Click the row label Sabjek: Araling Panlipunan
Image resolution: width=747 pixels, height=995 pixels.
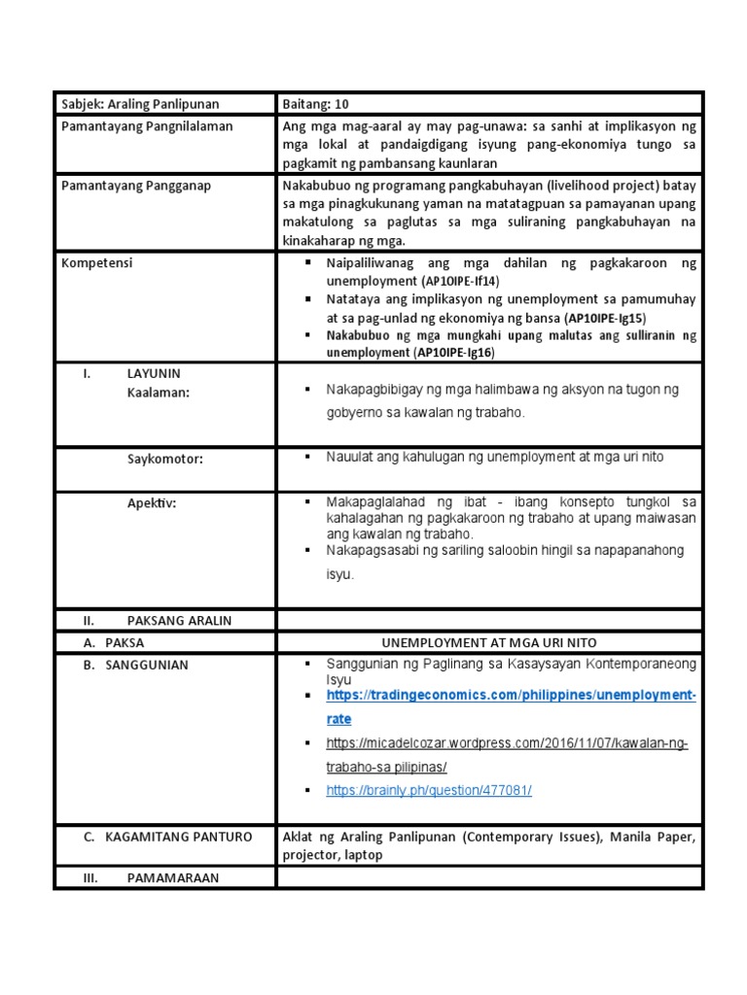pyautogui.click(x=140, y=104)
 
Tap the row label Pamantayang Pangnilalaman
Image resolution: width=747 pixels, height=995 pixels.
pyautogui.click(x=147, y=126)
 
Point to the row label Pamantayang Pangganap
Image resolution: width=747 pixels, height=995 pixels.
pyautogui.click(x=136, y=185)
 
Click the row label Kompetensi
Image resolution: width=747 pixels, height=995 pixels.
pyautogui.click(x=97, y=262)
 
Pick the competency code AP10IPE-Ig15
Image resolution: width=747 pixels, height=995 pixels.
pyautogui.click(x=606, y=318)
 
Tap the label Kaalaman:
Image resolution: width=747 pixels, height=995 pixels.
pyautogui.click(x=158, y=392)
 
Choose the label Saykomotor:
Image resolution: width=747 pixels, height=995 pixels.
pyautogui.click(x=165, y=459)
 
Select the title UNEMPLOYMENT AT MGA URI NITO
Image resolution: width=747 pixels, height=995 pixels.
pyautogui.click(x=489, y=642)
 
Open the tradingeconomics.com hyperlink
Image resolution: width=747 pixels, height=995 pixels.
pyautogui.click(x=511, y=697)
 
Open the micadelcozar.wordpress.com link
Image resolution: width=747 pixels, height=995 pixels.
pyautogui.click(x=507, y=743)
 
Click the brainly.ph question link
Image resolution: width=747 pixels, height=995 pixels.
pyautogui.click(x=429, y=791)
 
